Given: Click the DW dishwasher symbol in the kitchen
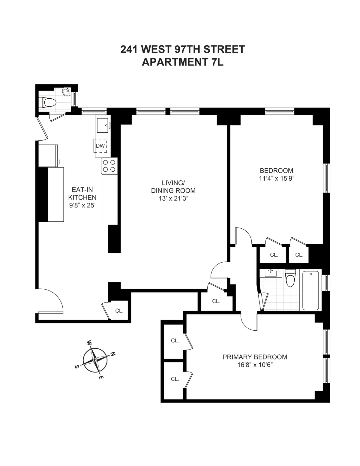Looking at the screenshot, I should (x=100, y=146).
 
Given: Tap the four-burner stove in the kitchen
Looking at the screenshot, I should (x=109, y=166).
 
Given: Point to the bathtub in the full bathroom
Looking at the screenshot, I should (x=312, y=290).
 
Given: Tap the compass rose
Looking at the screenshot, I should (x=95, y=360).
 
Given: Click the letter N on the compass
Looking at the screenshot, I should (x=113, y=354).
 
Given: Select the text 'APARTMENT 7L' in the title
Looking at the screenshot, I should (x=182, y=62).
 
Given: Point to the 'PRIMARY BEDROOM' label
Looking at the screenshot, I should (x=255, y=357).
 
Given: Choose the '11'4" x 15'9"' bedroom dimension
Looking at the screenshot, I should (x=276, y=179).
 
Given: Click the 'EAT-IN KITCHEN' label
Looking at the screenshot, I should (x=82, y=194).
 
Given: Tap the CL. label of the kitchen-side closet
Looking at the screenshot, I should (x=119, y=311).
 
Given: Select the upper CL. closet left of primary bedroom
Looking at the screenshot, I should (x=175, y=341).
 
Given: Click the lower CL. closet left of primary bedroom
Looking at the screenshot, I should (x=175, y=379).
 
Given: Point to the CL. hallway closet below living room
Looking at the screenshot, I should (x=216, y=301).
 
